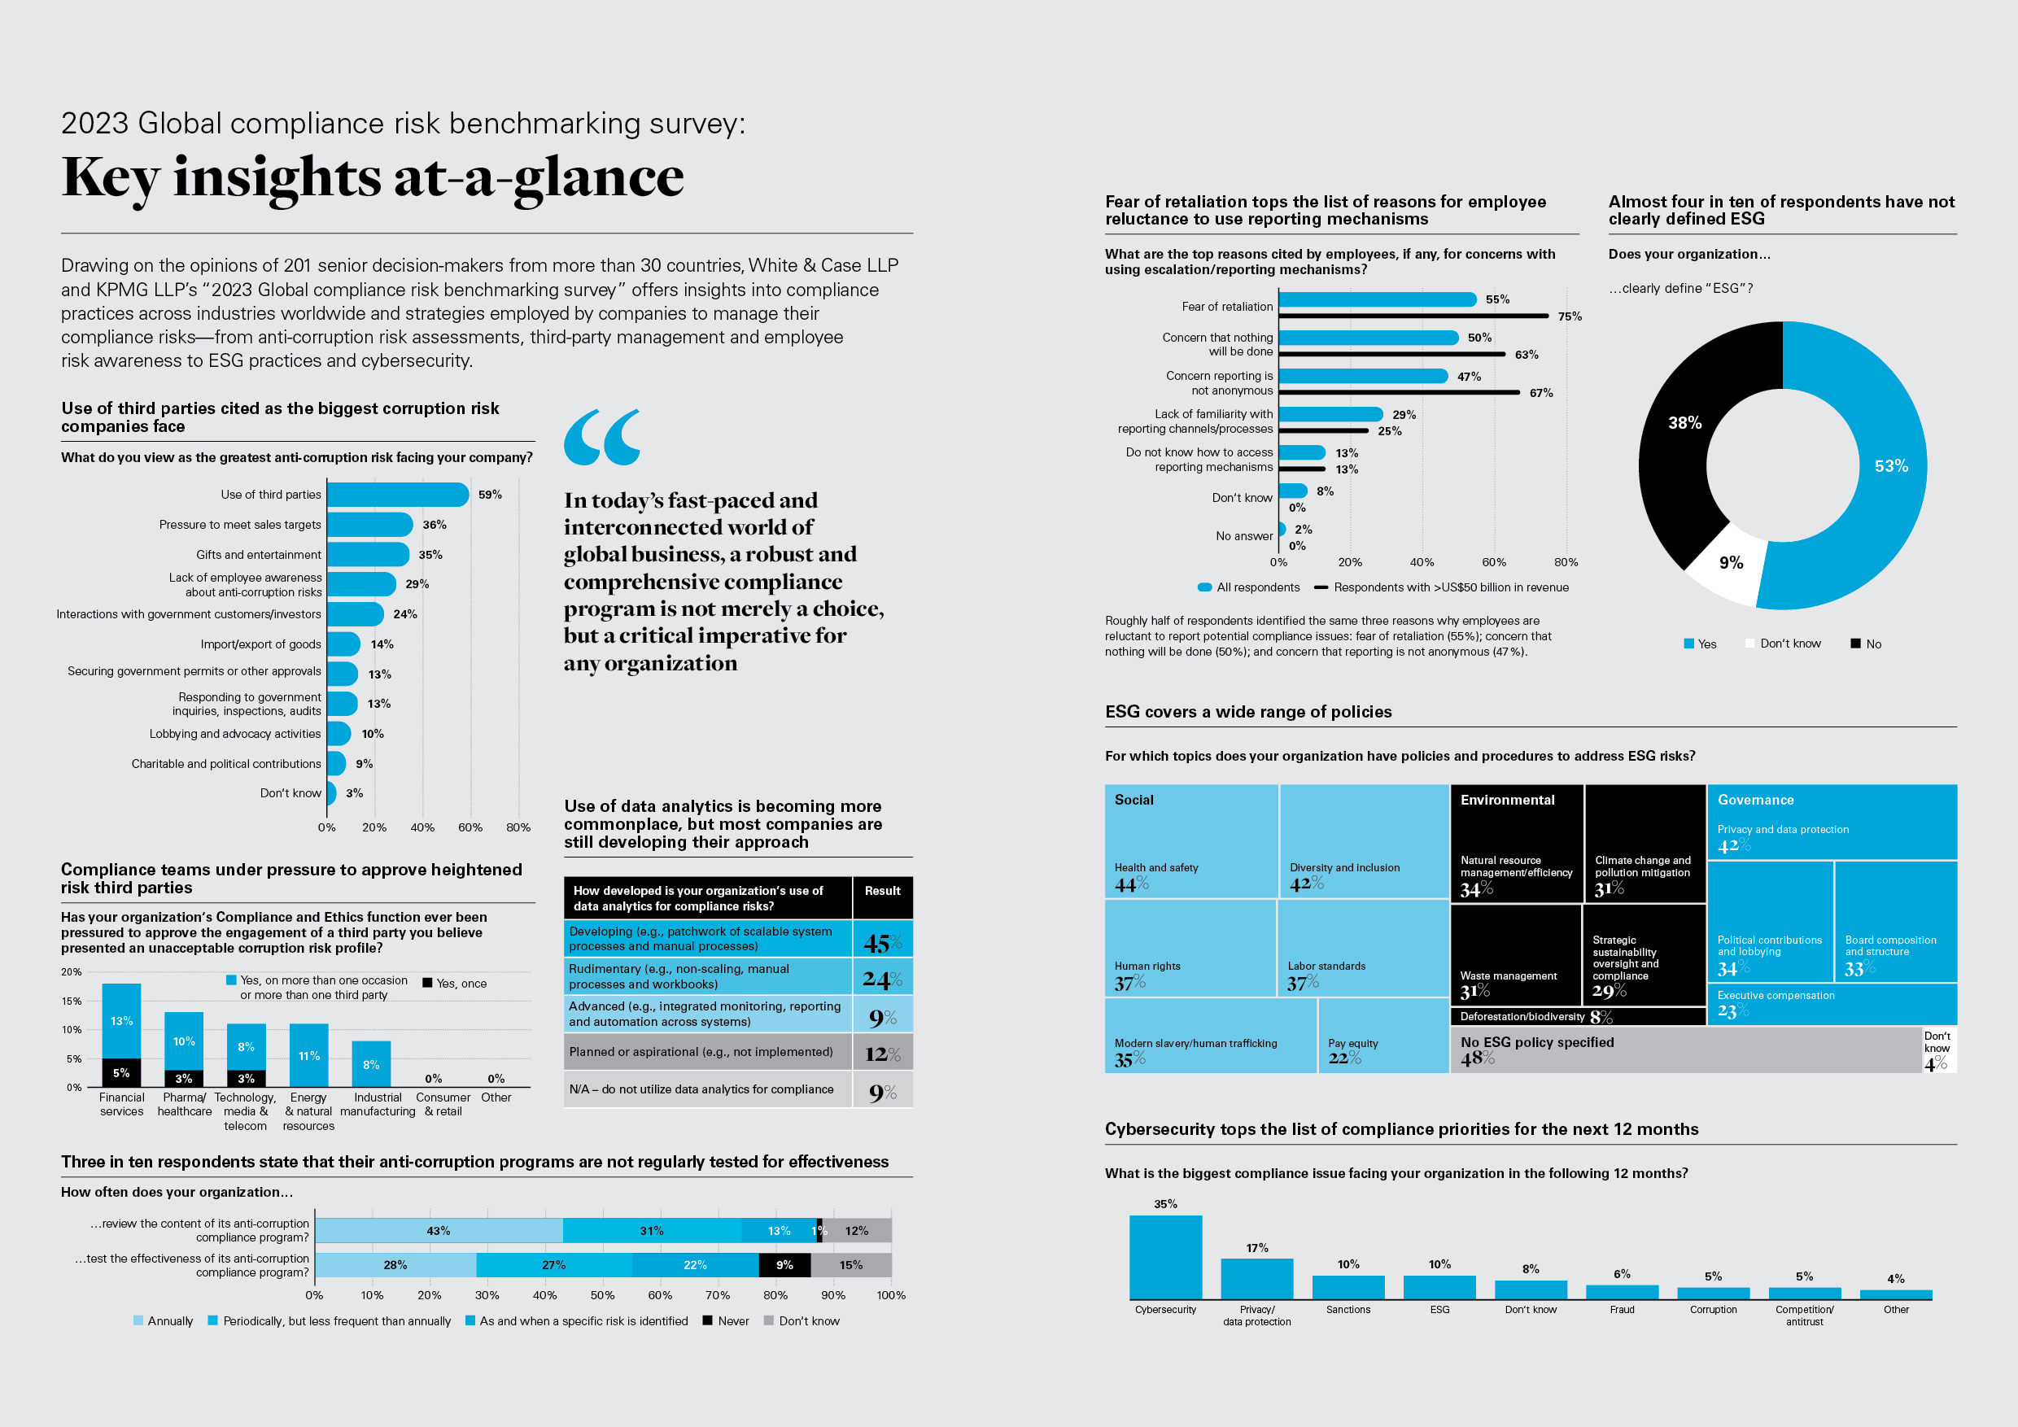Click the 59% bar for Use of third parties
pos(397,495)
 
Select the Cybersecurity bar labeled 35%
pos(1164,1256)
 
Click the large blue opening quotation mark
pos(602,437)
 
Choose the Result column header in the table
pos(881,891)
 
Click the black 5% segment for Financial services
pos(121,1073)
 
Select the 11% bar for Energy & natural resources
pos(308,1054)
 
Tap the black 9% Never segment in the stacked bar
pos(784,1265)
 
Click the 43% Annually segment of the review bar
pos(439,1230)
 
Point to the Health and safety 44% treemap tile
pos(1191,841)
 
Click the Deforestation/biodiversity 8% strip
pos(1577,1017)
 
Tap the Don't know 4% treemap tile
pos(1938,1051)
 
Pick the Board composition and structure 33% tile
pos(1895,922)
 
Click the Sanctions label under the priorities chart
pos(1348,1309)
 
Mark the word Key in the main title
pos(111,178)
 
